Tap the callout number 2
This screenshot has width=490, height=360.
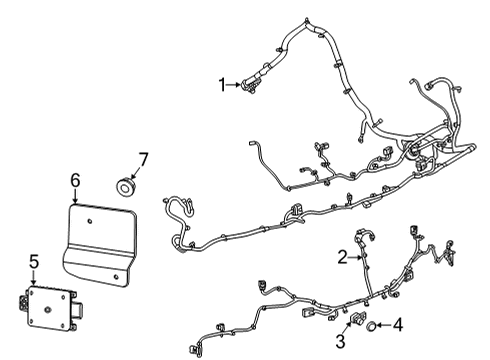342,257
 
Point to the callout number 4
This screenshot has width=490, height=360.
398,325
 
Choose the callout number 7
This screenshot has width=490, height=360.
143,158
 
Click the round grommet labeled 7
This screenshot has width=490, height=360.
126,186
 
